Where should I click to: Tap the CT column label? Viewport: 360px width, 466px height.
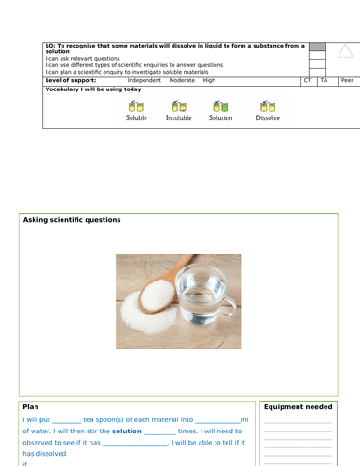tap(308, 81)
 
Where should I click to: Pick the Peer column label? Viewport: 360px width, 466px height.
tap(346, 81)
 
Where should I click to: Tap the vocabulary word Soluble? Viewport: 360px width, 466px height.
tap(136, 119)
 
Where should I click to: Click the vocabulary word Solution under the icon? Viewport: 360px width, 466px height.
tap(220, 119)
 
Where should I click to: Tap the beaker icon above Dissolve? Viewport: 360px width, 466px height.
tap(268, 105)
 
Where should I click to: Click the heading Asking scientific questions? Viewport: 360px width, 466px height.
tap(71, 220)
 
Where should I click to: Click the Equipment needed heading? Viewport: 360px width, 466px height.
tap(298, 406)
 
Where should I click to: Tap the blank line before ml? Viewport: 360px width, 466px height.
tap(218, 421)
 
